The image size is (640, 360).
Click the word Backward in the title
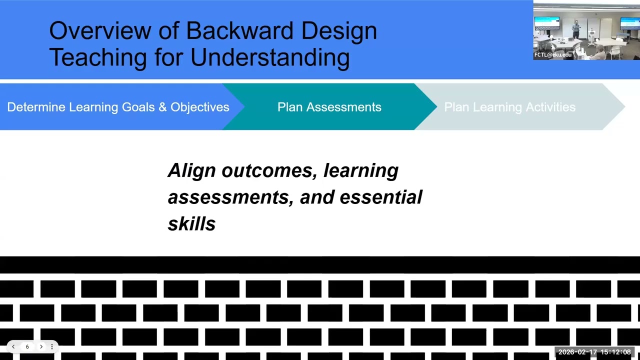point(239,31)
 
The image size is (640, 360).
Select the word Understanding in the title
point(270,57)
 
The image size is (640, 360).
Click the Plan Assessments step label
point(329,107)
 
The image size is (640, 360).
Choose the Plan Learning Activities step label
point(509,107)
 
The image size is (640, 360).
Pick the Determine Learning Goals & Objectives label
point(118,107)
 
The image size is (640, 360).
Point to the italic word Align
point(192,170)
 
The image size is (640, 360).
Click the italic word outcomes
point(269,170)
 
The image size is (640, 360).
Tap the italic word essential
point(381,197)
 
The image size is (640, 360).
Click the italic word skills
point(191,224)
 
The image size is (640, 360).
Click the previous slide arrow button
point(13,346)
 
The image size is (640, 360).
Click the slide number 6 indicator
point(27,346)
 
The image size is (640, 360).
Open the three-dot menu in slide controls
point(51,346)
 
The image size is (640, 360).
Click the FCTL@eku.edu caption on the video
point(552,55)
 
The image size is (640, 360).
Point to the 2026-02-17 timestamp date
point(577,352)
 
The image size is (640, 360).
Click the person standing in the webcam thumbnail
point(576,29)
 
